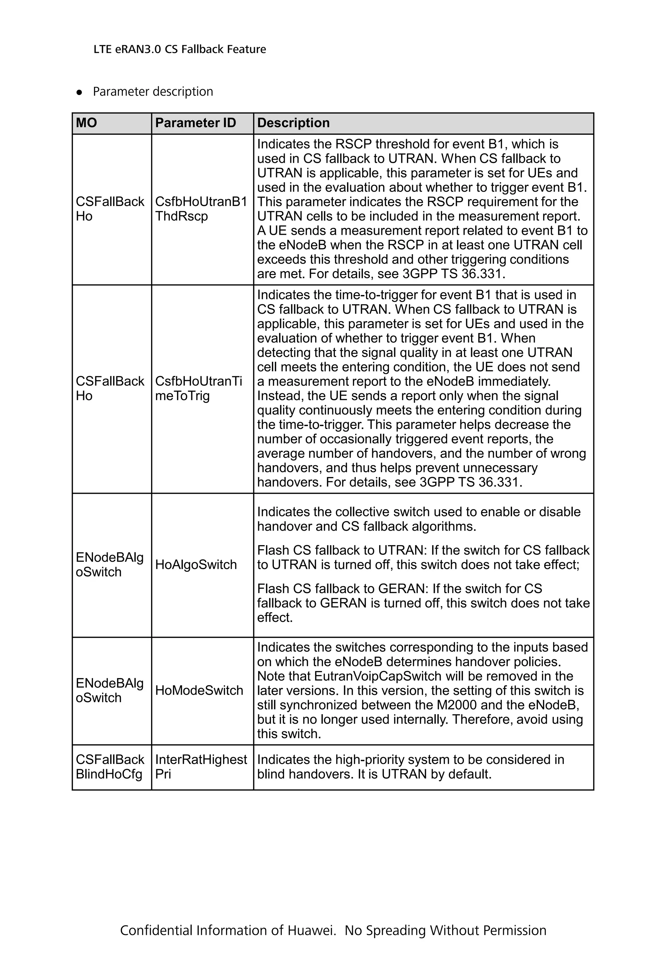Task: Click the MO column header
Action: pyautogui.click(x=86, y=123)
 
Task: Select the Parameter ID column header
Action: pyautogui.click(x=196, y=123)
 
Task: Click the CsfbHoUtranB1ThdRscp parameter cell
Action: pyautogui.click(x=201, y=209)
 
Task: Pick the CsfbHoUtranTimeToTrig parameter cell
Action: pyautogui.click(x=199, y=388)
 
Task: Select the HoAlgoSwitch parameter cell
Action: pyautogui.click(x=196, y=565)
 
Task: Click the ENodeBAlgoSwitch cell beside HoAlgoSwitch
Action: pyautogui.click(x=110, y=565)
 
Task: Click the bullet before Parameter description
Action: pyautogui.click(x=79, y=92)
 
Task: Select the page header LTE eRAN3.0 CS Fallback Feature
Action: pyautogui.click(x=180, y=49)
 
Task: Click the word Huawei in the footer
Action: pyautogui.click(x=311, y=930)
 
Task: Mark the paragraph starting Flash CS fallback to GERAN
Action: pyautogui.click(x=423, y=603)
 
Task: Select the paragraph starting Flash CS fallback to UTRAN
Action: pyautogui.click(x=423, y=557)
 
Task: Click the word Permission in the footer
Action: pyautogui.click(x=514, y=930)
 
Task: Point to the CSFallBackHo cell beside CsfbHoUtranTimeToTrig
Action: pyautogui.click(x=110, y=388)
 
